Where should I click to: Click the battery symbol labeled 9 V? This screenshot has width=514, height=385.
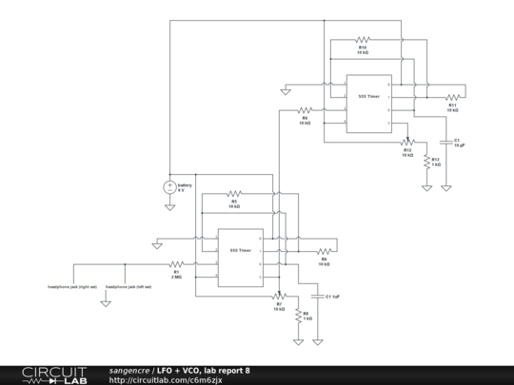click(169, 186)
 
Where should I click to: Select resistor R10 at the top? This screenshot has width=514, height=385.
click(362, 41)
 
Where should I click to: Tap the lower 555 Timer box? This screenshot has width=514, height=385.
click(241, 256)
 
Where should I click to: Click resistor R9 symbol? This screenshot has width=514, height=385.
click(305, 110)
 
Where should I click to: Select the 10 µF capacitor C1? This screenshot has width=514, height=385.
click(445, 141)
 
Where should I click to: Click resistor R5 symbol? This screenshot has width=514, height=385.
click(234, 194)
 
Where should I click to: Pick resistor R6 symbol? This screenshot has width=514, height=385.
click(324, 251)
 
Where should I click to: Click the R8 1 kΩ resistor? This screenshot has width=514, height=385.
click(298, 317)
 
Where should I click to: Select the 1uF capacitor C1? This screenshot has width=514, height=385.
click(317, 297)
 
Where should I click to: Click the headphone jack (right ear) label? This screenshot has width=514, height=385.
click(73, 285)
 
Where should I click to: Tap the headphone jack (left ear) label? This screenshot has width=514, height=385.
click(128, 285)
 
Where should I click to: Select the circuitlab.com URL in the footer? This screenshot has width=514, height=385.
click(166, 379)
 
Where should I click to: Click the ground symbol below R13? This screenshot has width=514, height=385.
click(426, 187)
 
